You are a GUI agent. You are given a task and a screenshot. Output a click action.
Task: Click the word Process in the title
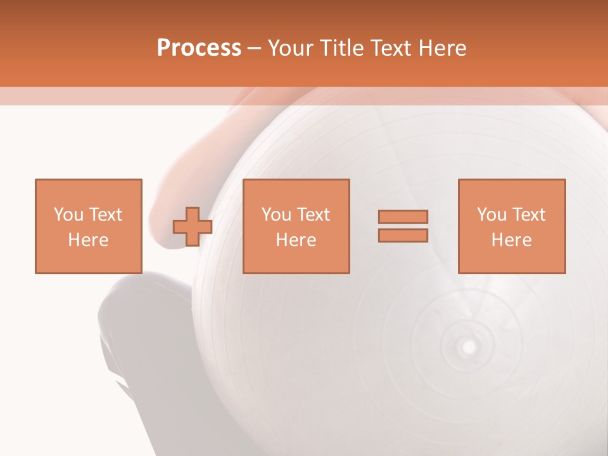click(x=199, y=48)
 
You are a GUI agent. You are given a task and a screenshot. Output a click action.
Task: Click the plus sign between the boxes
click(x=193, y=227)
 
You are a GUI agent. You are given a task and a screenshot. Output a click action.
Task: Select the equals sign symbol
click(x=403, y=226)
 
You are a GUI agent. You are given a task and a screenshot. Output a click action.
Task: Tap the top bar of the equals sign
click(x=403, y=217)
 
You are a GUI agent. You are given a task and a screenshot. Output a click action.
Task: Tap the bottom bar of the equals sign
click(x=403, y=235)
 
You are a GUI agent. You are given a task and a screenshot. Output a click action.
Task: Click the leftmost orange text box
click(x=88, y=226)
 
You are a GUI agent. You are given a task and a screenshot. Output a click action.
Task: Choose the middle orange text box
click(x=296, y=226)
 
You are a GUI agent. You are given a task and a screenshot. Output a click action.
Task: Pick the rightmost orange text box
click(x=511, y=226)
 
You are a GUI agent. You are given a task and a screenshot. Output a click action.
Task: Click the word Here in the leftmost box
click(x=88, y=240)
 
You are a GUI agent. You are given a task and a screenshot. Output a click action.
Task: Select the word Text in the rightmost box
click(x=530, y=215)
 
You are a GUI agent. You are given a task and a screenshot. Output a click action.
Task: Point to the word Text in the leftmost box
click(x=106, y=215)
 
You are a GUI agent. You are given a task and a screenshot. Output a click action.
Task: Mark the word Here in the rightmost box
click(x=511, y=240)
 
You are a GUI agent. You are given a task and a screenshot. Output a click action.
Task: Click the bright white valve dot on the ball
click(x=469, y=346)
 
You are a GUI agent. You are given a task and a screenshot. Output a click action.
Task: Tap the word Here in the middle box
click(x=296, y=240)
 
